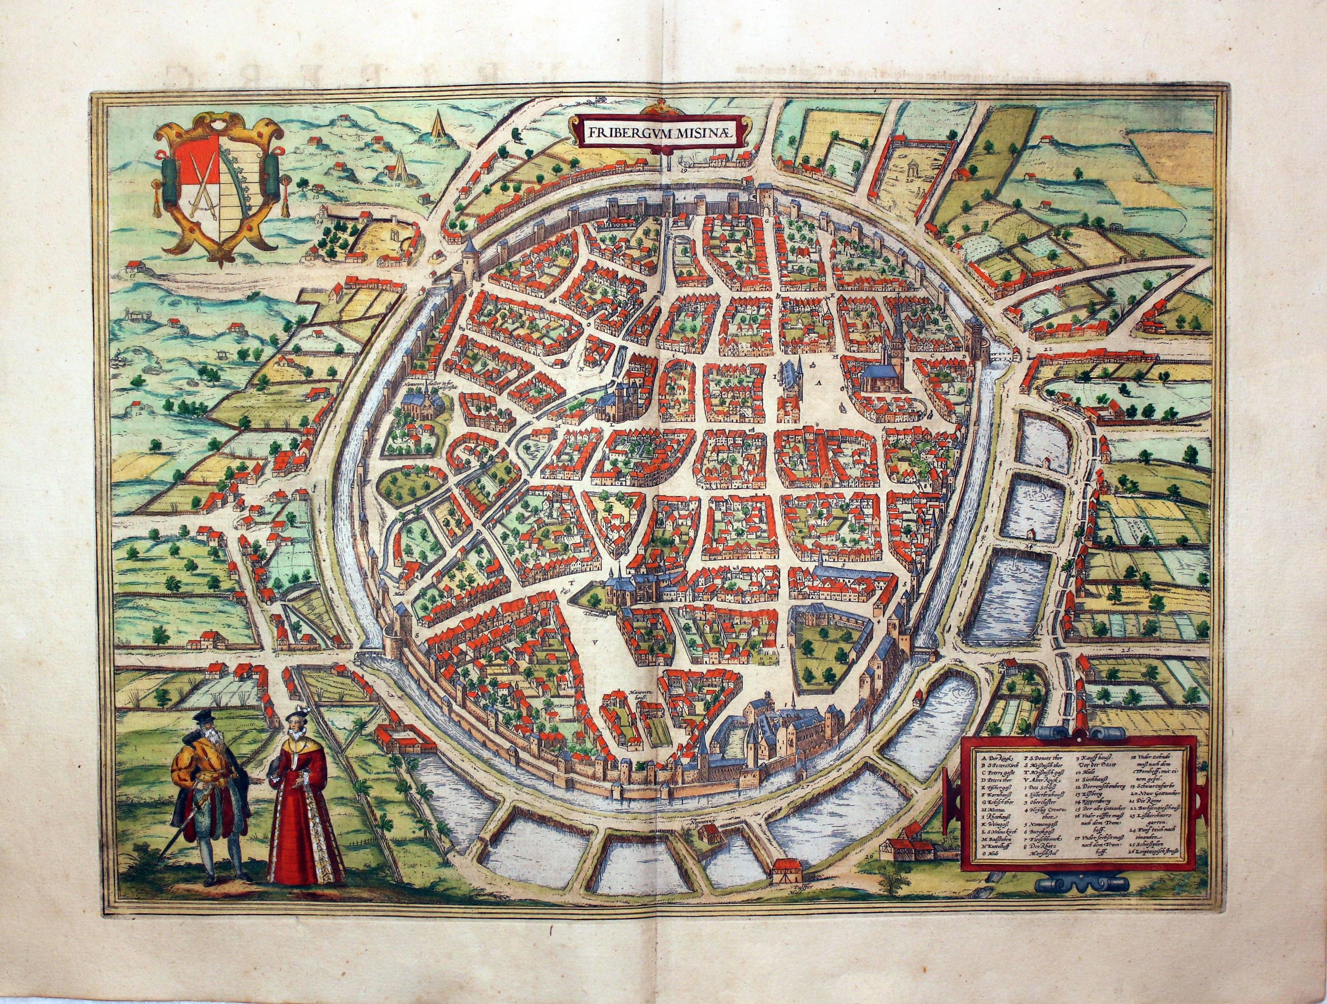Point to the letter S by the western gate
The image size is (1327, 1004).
click(x=417, y=633)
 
